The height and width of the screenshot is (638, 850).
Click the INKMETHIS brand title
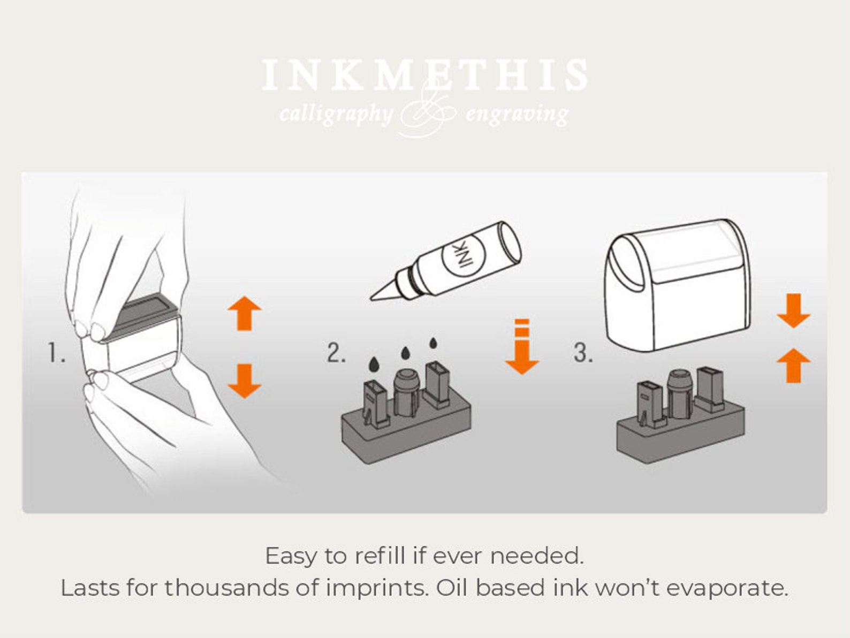(425, 75)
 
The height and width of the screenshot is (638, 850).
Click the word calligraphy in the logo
(336, 115)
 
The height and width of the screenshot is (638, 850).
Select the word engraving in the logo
(517, 115)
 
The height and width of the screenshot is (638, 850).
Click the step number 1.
(56, 352)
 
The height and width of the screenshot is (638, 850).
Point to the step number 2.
(336, 352)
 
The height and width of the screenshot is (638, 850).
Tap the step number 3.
(583, 352)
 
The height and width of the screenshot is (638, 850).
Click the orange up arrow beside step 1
(245, 313)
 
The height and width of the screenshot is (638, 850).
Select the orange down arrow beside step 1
(245, 381)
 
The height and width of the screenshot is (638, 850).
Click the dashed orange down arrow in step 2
(522, 347)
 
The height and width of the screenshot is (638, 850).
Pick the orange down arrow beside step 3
(793, 311)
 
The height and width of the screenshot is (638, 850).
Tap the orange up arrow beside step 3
(793, 365)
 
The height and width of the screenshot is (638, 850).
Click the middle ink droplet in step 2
(405, 352)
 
